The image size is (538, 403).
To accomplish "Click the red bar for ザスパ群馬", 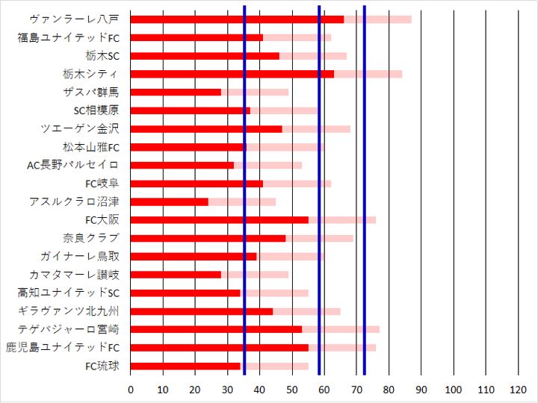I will click(x=176, y=92).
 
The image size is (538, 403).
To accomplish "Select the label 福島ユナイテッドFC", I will click(x=68, y=37).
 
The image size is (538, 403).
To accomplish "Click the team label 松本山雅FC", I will click(x=90, y=147).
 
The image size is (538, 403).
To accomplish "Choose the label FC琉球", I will click(x=102, y=366).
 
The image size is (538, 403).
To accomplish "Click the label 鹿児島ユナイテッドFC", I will click(x=63, y=347).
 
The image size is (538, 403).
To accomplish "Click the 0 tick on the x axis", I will click(x=131, y=389).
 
